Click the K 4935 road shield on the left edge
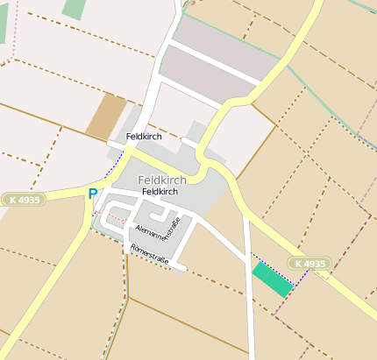point(21,200)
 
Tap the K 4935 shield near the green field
point(310,263)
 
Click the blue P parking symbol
point(92,194)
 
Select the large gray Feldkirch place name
point(162,180)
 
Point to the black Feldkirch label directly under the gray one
point(160,191)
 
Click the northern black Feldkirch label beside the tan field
point(144,137)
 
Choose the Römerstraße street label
point(149,255)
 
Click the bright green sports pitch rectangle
point(273,279)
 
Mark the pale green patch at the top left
point(75,8)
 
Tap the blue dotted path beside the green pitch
point(301,279)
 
